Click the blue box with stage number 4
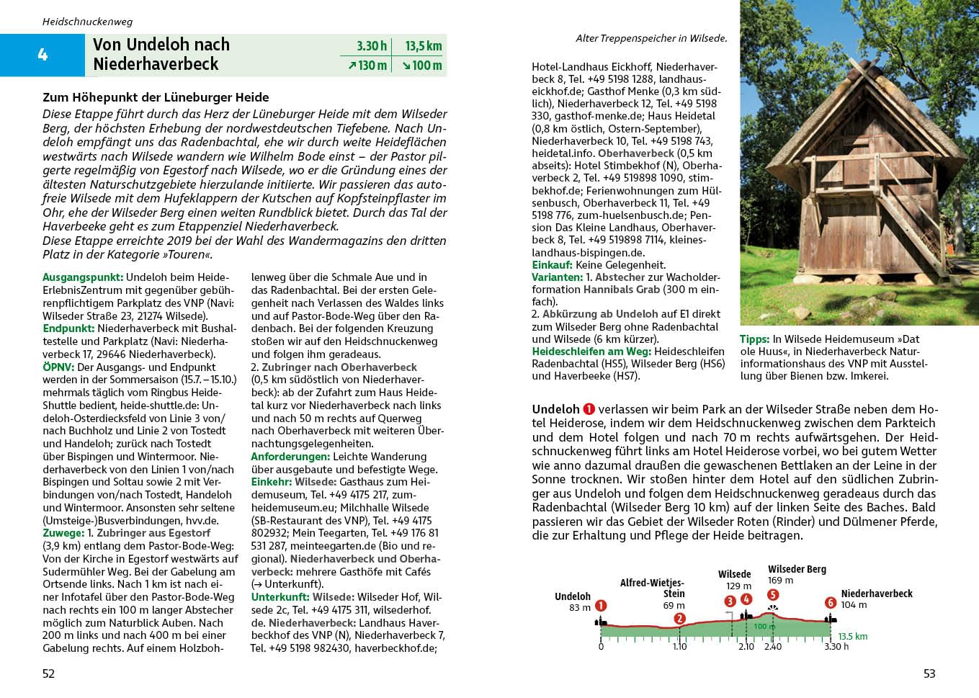coord(43,55)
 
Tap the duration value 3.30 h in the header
coord(372,46)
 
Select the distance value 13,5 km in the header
coord(423,46)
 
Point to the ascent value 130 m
coord(368,66)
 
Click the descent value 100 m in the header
coord(422,66)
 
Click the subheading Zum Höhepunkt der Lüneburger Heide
coord(156,97)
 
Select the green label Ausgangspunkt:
coord(83,277)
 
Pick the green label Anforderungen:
coord(290,457)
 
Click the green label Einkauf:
coord(553,265)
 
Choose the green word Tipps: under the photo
coord(754,339)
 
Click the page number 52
coord(48,674)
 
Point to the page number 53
coord(929,674)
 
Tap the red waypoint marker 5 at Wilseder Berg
coord(773,595)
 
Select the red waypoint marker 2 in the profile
coord(679,619)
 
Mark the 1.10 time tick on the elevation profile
coord(679,647)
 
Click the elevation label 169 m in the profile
coord(780,581)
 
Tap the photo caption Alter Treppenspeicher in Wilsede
coord(651,39)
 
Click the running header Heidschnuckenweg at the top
coord(87,22)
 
